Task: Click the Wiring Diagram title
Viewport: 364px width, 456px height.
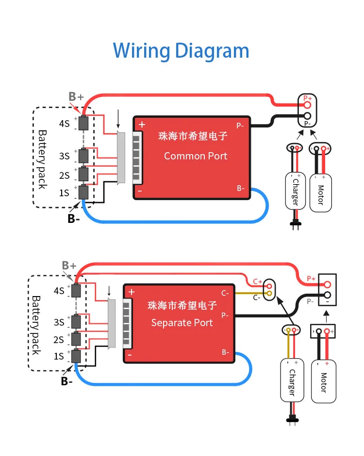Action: [181, 51]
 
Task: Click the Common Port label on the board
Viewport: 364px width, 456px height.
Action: [195, 156]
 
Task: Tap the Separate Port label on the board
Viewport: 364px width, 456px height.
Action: [182, 322]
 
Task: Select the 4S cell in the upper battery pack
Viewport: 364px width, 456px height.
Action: [83, 123]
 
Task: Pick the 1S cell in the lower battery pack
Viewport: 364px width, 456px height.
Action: [76, 356]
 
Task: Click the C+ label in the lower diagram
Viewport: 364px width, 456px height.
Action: [257, 282]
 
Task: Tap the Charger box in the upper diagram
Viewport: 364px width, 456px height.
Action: [295, 189]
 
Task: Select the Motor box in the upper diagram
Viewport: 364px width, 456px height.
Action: [320, 191]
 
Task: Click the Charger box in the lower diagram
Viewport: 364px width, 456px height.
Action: [292, 379]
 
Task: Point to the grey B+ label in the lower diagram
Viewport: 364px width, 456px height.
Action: [69, 266]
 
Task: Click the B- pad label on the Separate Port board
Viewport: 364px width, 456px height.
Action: [226, 352]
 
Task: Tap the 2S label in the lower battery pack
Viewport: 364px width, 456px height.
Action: [59, 339]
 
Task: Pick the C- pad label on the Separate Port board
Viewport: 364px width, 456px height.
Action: [225, 293]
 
